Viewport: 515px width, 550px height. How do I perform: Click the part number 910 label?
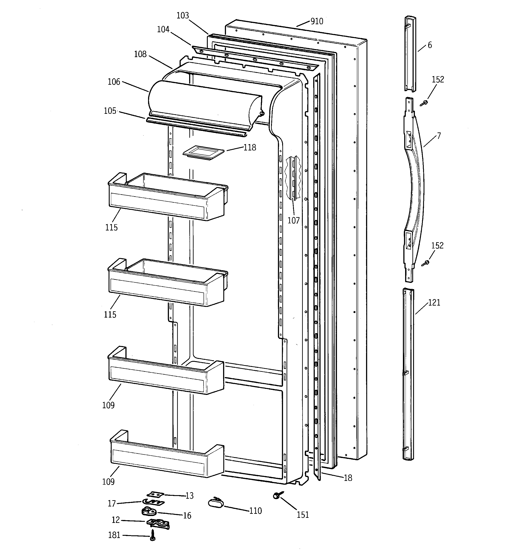click(317, 21)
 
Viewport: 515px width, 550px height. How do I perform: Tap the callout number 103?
click(183, 16)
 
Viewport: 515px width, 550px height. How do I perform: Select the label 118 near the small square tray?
click(250, 148)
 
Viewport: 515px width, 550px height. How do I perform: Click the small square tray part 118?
click(203, 152)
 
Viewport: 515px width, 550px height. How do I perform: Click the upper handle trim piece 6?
click(410, 54)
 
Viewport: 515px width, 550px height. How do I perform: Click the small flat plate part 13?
click(155, 494)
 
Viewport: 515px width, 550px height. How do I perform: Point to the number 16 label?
click(187, 515)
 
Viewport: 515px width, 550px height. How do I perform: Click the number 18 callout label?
click(348, 478)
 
